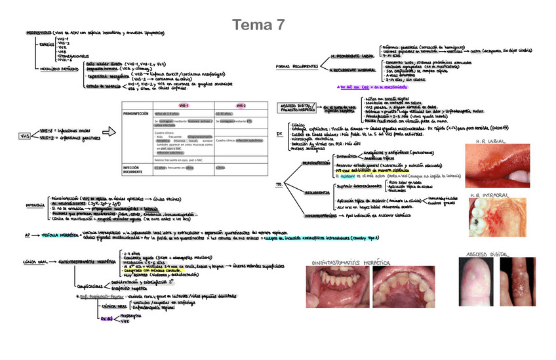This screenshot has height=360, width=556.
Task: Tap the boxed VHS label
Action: tap(24, 136)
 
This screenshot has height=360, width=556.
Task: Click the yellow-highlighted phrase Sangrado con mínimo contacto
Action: tap(150, 270)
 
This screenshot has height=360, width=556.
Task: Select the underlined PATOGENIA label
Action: tap(35, 205)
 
